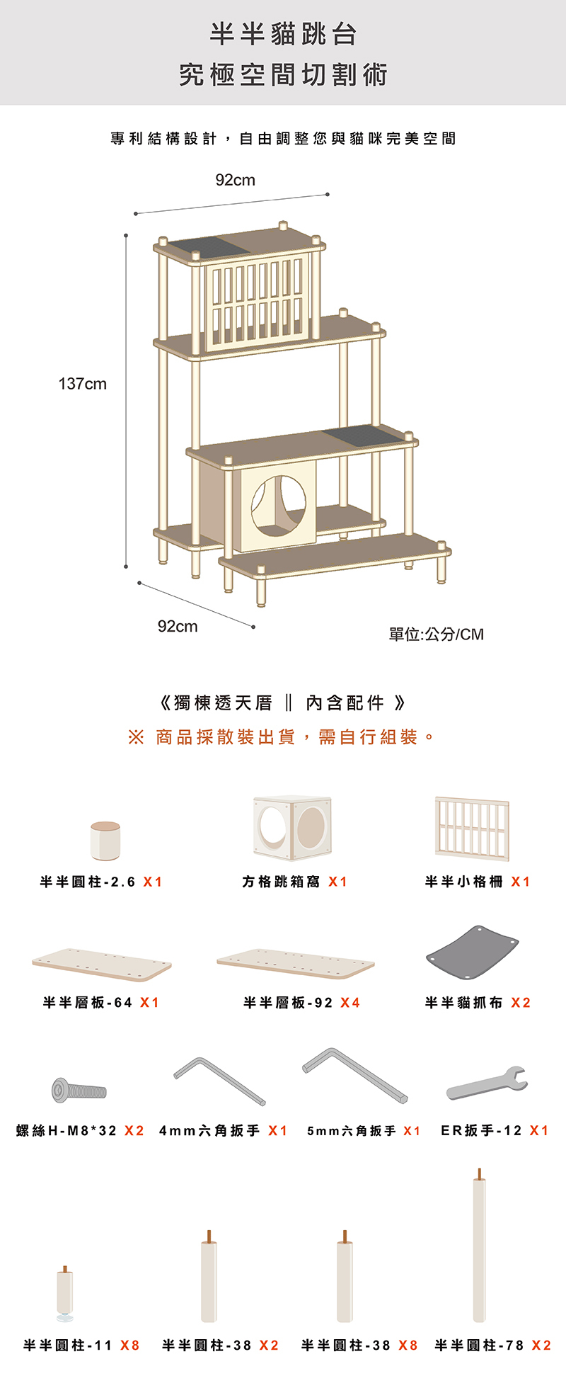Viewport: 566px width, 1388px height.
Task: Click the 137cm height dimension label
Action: point(82,384)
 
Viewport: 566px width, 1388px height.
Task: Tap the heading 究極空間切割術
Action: point(283,74)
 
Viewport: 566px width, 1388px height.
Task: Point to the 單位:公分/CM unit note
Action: point(436,634)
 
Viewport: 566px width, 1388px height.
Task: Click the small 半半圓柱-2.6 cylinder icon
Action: point(105,841)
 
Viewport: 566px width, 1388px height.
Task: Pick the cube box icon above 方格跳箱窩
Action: point(292,827)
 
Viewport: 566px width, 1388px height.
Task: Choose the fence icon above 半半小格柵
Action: point(472,827)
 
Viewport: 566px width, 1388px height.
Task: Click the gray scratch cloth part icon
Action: point(472,952)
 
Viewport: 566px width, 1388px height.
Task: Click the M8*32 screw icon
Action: point(79,1089)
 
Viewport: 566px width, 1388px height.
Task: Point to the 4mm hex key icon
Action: point(219,1081)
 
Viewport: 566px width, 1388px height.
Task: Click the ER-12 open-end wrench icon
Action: point(487,1083)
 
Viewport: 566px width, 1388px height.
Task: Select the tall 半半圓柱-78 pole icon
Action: point(479,1246)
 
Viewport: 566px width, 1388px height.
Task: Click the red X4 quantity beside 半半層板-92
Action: point(350,1003)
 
